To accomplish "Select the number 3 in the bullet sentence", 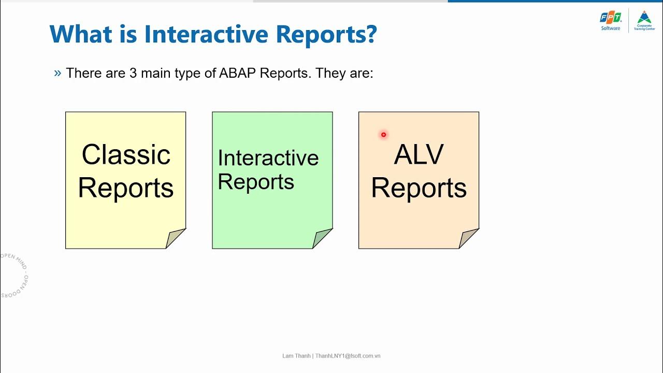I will click(133, 73).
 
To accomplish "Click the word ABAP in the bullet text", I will click(237, 73).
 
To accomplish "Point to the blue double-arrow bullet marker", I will click(57, 73).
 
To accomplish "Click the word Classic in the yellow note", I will click(126, 154).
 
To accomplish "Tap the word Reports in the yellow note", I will click(126, 188).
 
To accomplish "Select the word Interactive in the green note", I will click(268, 158).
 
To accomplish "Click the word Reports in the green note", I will click(256, 182).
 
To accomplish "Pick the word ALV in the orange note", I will click(419, 154).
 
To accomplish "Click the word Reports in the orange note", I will click(419, 188).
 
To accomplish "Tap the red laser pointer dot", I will click(383, 135).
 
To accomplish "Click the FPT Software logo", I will click(611, 21).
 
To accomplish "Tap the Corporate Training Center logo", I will click(644, 21).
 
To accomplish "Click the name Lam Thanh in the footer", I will click(296, 356).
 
